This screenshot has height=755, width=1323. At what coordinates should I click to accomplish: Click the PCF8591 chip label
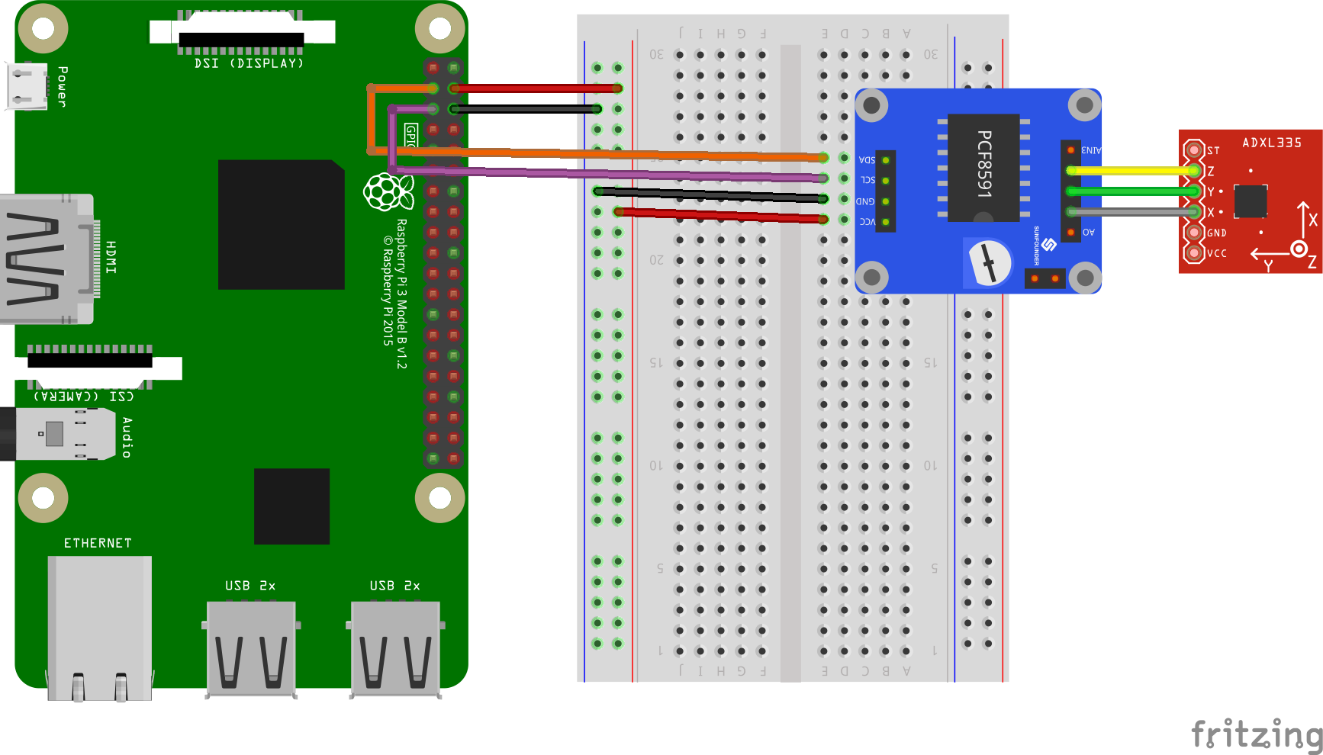984,164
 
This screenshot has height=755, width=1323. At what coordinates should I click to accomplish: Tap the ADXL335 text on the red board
1272,143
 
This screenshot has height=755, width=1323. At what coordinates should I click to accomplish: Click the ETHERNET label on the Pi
98,543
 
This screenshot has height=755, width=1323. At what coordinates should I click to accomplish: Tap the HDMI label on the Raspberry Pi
111,257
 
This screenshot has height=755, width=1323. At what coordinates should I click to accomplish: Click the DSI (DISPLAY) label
249,63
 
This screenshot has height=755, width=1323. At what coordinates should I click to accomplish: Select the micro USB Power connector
26,85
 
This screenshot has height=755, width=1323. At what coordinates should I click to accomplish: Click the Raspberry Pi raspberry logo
388,191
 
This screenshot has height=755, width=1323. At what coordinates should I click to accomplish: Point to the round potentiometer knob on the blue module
990,263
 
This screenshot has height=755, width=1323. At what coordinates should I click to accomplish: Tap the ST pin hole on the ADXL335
1193,150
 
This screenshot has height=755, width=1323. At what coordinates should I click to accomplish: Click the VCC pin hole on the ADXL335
1193,252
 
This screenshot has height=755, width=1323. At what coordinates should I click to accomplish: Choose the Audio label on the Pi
127,437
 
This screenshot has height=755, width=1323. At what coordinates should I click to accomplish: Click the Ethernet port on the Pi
99,625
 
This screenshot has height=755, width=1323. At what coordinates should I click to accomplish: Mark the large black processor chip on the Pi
281,224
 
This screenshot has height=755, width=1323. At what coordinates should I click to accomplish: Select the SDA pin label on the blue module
867,160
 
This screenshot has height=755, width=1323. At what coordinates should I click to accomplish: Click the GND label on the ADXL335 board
1217,233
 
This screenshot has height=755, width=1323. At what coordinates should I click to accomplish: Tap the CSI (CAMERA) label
84,397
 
